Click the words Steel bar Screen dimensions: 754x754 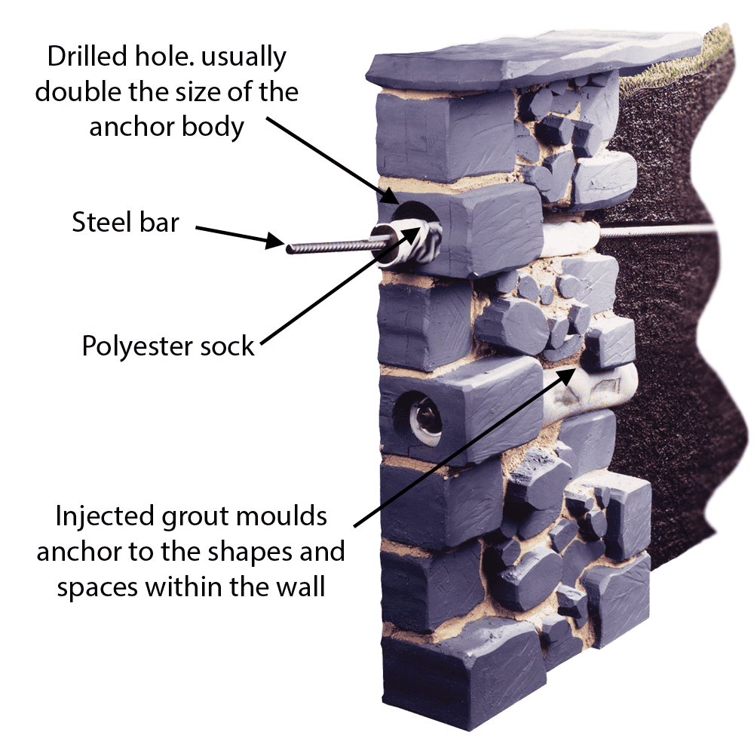point(125,222)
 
